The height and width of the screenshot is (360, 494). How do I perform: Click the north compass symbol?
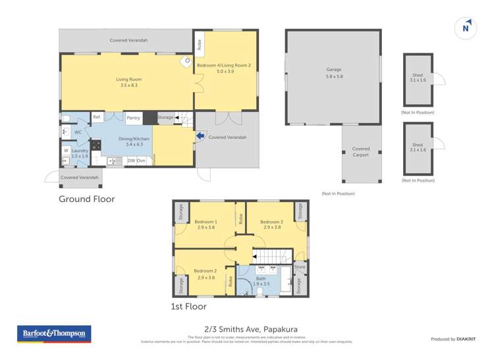[466, 28]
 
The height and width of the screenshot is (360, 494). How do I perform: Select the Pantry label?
[133, 118]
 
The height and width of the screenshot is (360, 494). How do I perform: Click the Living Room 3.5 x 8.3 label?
[129, 82]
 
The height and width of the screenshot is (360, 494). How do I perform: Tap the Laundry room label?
[80, 153]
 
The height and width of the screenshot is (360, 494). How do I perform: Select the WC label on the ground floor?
[78, 132]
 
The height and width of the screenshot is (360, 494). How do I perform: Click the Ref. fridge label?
[96, 117]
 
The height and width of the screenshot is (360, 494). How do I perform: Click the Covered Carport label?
[361, 152]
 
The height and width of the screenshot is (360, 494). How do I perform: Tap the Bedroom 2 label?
[206, 274]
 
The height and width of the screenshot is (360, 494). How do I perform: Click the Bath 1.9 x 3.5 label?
[261, 280]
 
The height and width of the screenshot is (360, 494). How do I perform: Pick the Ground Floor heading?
[87, 199]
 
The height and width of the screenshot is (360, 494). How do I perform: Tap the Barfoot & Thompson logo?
[53, 334]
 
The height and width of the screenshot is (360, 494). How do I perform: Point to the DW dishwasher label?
[131, 160]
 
